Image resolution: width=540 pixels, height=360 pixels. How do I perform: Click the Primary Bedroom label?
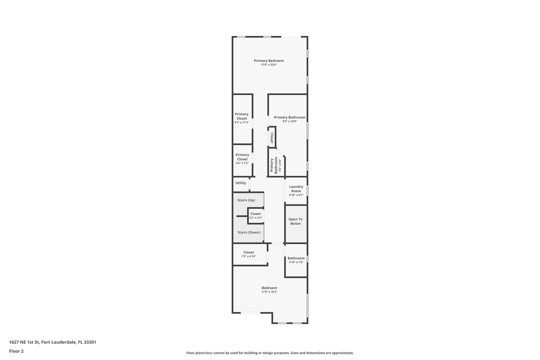click(x=269, y=61)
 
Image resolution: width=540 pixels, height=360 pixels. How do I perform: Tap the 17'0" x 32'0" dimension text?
click(x=269, y=65)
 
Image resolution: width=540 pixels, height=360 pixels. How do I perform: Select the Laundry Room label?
click(x=296, y=189)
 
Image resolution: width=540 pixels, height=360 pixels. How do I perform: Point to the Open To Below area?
click(x=295, y=221)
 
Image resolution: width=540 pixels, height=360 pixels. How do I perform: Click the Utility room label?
click(x=240, y=183)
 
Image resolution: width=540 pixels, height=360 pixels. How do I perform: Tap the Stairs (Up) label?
click(x=246, y=200)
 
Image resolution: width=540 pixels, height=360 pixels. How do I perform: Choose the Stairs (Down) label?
click(x=249, y=232)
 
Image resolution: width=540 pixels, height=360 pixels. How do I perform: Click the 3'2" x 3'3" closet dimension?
click(x=255, y=218)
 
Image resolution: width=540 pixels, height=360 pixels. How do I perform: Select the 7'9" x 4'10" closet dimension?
click(x=248, y=256)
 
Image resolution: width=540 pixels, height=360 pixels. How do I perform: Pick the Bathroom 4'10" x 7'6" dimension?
click(x=296, y=262)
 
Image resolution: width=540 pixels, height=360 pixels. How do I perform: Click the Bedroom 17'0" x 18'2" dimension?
click(x=269, y=292)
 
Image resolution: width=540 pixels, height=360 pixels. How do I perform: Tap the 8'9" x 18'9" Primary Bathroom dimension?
click(x=290, y=121)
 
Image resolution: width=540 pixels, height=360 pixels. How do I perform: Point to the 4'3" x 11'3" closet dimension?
click(x=242, y=122)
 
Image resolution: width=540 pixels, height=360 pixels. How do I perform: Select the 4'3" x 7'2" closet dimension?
click(x=242, y=163)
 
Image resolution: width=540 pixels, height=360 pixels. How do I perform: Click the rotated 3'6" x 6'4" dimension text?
click(x=280, y=165)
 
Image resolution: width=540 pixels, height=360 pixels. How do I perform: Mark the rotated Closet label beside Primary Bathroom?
click(x=272, y=138)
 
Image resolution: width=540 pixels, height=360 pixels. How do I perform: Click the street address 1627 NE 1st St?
click(x=52, y=342)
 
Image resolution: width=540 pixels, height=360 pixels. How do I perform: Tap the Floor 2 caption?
click(x=16, y=351)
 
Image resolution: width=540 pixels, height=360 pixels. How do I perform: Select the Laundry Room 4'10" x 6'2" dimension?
click(x=296, y=195)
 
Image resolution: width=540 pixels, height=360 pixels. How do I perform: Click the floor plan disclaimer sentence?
click(x=270, y=353)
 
